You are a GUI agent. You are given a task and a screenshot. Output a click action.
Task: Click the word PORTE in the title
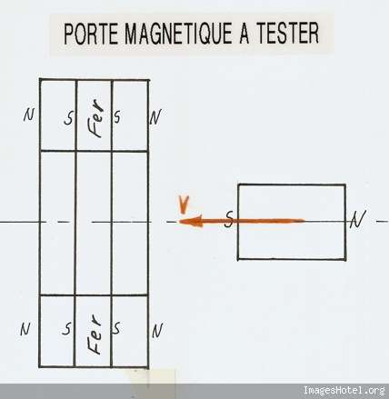91,34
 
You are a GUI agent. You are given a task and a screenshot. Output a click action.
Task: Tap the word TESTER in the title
288,34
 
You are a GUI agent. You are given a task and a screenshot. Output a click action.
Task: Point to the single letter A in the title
244,34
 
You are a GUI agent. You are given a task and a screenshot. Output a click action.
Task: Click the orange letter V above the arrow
184,204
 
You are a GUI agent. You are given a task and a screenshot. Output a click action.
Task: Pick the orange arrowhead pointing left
191,222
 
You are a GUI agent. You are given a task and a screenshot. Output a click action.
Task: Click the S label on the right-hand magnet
230,219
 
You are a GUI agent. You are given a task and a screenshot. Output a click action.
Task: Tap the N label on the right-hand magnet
358,219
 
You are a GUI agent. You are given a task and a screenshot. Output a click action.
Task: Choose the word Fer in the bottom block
95,334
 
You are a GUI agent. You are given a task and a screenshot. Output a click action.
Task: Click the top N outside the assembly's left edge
29,115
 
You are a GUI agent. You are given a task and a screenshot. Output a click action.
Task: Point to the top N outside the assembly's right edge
155,117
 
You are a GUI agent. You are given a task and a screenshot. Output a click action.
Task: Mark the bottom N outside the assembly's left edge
25,329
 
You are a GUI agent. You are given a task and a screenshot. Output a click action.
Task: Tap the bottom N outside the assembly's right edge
157,331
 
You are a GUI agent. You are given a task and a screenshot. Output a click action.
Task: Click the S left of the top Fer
69,118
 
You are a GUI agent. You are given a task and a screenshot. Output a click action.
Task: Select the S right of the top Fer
117,116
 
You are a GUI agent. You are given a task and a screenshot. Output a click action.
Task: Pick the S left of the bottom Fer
67,328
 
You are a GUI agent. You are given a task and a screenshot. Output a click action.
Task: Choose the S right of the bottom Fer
116,327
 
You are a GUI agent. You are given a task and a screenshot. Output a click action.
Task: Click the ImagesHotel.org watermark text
344,390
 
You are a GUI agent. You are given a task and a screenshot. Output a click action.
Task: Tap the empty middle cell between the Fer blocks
94,223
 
